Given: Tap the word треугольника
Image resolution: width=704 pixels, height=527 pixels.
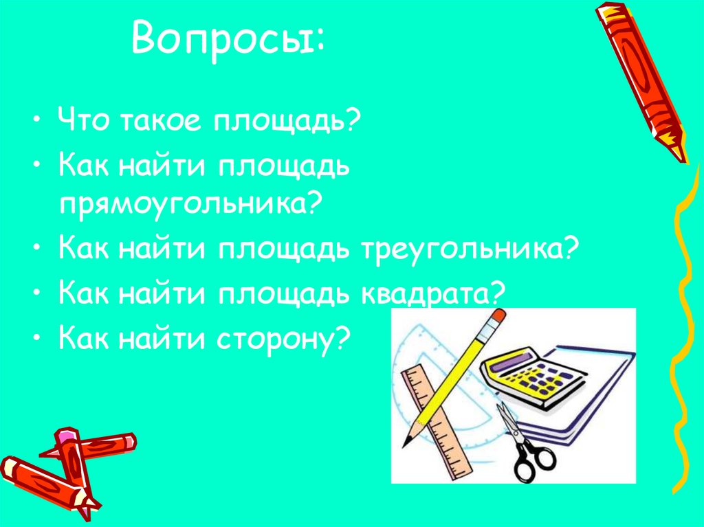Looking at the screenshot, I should tap(462, 248).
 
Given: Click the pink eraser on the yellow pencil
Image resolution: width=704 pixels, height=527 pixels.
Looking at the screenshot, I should tap(496, 317).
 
